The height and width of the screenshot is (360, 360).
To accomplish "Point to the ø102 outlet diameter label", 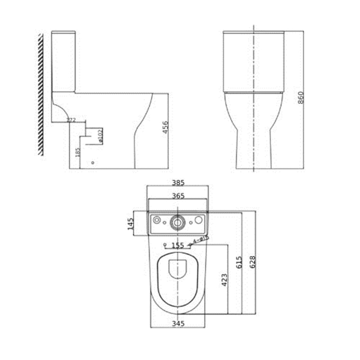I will click(x=101, y=135).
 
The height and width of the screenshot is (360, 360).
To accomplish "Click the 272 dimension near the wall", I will click(x=70, y=120).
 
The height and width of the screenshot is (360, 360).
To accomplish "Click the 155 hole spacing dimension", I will click(x=178, y=244).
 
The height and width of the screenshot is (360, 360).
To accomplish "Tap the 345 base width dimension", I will click(x=178, y=324).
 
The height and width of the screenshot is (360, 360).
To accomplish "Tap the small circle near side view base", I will click(x=92, y=163).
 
